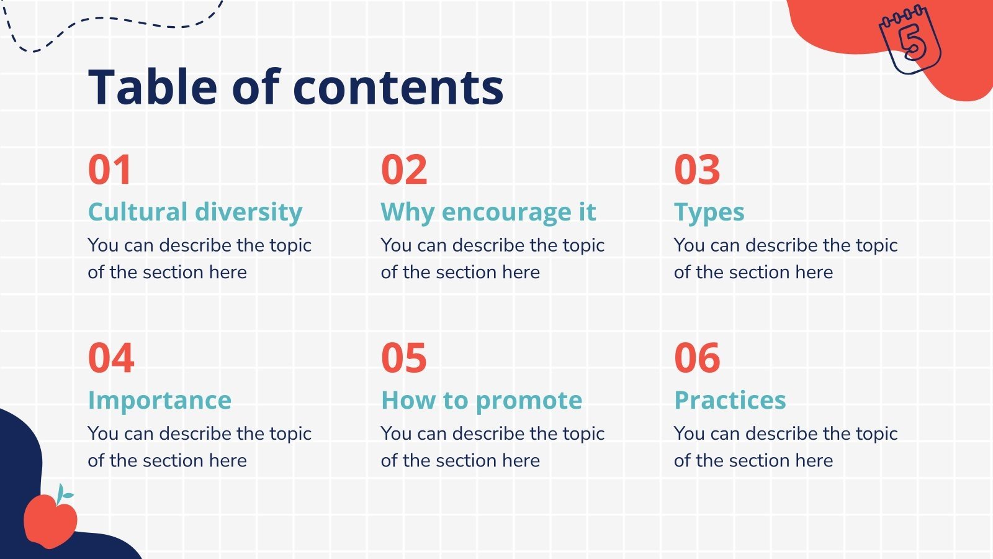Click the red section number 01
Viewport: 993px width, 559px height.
tap(110, 170)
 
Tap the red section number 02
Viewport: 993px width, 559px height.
tap(404, 170)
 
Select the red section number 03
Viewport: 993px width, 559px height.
tap(697, 170)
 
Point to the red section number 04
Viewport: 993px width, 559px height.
tap(111, 358)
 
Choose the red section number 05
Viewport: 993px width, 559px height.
tap(404, 358)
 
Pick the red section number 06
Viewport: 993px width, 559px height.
tap(697, 358)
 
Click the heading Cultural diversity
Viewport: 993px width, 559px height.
tap(195, 212)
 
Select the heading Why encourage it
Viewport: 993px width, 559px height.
tap(488, 212)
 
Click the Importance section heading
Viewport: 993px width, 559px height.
tap(160, 401)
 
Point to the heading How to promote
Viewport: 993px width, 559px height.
tap(482, 401)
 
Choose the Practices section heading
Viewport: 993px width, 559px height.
tap(730, 401)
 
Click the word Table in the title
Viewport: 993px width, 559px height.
tap(153, 86)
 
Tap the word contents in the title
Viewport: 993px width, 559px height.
tap(398, 88)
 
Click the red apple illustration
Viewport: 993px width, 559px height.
tap(50, 520)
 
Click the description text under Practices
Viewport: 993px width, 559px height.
tap(785, 447)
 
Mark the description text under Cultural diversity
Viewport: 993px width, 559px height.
tap(199, 258)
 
